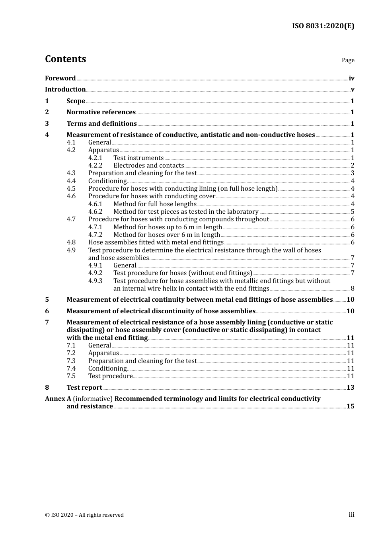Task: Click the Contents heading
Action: click(x=65, y=59)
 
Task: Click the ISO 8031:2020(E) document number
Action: click(x=323, y=26)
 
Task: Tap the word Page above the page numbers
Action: click(x=348, y=60)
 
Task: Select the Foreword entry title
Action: click(x=60, y=78)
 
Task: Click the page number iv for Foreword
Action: click(x=351, y=78)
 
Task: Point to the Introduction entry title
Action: click(x=65, y=89)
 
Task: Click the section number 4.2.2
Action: click(x=95, y=165)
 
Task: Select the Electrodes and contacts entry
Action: click(x=148, y=165)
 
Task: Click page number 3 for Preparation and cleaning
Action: click(x=353, y=173)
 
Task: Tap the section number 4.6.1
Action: click(x=95, y=204)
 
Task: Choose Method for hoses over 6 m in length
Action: click(x=166, y=234)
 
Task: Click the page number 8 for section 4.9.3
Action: click(x=353, y=288)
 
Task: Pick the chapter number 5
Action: click(x=47, y=299)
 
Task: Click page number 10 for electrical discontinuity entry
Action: click(x=350, y=311)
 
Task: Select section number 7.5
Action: click(x=71, y=376)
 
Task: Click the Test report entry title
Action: click(x=84, y=387)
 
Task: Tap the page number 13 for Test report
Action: click(x=350, y=387)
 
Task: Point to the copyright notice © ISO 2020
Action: click(x=84, y=515)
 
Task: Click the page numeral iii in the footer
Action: click(x=351, y=514)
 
